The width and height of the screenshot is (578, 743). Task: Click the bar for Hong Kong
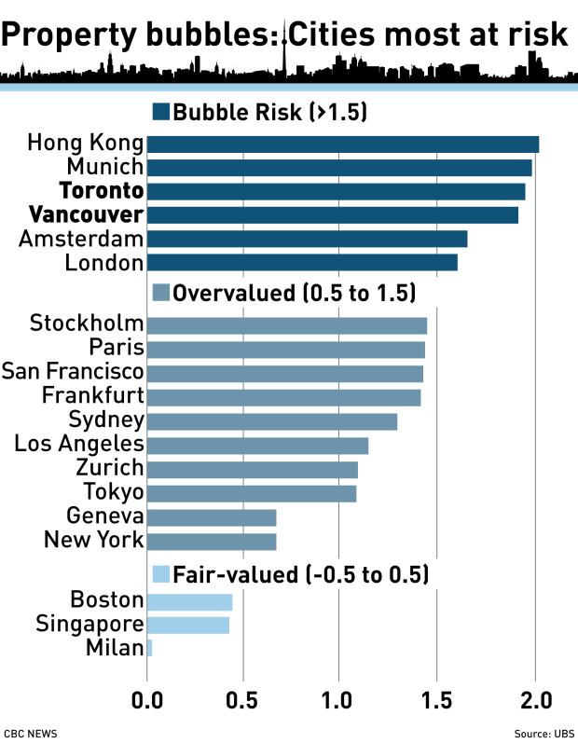[x=343, y=144]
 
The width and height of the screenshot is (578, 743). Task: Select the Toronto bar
[x=336, y=191]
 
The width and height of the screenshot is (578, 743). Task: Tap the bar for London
[x=302, y=262]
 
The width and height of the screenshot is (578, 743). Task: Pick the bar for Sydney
[x=272, y=421]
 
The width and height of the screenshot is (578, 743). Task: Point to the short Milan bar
[x=149, y=647]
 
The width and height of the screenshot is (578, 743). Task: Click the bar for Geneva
[x=212, y=516]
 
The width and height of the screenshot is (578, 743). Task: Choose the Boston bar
[x=189, y=600]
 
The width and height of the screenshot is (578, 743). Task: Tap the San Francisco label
[x=73, y=372]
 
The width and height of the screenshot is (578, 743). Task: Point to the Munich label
[x=104, y=168]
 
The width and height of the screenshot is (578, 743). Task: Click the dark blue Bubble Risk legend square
[x=160, y=112]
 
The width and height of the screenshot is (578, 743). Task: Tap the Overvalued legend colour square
[x=160, y=293]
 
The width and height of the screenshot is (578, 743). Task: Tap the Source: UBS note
[x=544, y=734]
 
